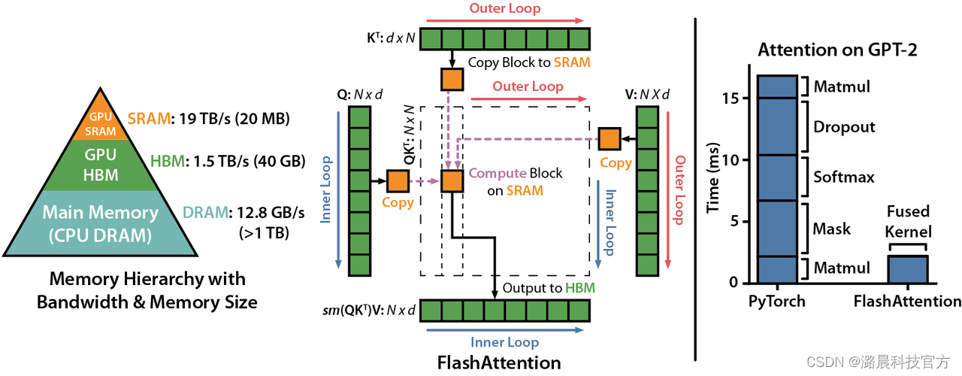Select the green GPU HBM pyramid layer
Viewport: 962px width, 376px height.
[101, 165]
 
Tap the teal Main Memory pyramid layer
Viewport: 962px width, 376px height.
[101, 223]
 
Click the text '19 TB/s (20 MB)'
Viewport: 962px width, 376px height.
[234, 119]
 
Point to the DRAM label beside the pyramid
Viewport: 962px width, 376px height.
[206, 212]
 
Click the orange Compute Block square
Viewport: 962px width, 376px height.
[452, 181]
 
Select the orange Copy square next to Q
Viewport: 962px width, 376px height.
[398, 181]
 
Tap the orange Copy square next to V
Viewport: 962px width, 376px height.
[610, 139]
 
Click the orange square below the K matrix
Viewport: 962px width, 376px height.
[452, 80]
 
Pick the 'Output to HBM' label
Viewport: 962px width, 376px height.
[549, 288]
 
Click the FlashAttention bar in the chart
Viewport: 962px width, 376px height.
[908, 269]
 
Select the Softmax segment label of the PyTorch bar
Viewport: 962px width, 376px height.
[844, 177]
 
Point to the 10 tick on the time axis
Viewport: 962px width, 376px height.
[729, 160]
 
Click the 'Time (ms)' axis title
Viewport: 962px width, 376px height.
[712, 177]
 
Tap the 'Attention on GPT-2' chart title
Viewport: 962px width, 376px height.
[837, 50]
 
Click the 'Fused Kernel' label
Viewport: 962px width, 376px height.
[909, 222]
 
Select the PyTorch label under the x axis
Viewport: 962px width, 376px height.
[777, 301]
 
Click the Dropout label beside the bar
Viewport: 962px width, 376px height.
[844, 127]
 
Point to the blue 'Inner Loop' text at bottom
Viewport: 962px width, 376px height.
[504, 342]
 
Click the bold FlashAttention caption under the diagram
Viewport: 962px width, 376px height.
[499, 362]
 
